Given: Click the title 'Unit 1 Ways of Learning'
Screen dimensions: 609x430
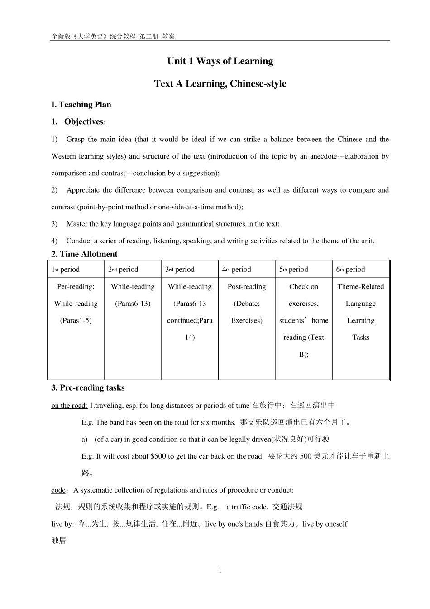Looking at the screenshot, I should pos(220,61).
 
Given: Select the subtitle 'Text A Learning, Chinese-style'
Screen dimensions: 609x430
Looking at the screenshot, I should pos(220,84).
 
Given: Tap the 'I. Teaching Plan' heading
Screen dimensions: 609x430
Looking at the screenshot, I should pos(81,105).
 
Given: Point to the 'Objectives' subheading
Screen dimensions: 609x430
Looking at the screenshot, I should pos(84,122).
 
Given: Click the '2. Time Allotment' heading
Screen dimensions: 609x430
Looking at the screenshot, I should pos(84,254).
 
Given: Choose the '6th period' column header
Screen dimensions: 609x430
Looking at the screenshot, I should pos(350,270).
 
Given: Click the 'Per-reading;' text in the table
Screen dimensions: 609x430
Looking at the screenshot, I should pos(76,287).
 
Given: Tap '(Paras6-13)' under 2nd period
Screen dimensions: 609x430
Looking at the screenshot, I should pos(133,304).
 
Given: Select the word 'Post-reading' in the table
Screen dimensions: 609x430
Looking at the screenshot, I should pos(247,287).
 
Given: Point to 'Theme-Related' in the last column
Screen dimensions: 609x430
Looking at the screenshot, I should pos(360,287).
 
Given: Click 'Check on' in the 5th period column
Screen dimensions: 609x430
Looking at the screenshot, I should pos(304,287).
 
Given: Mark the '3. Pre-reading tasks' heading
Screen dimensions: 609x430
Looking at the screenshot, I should pos(88,388).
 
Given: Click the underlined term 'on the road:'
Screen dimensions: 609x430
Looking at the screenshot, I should pos(69,406).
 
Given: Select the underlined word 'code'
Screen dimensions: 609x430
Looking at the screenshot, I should pos(58,490).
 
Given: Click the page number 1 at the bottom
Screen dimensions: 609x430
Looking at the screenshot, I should pos(220,571).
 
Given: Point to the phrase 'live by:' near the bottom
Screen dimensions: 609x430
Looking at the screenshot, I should pos(62,524).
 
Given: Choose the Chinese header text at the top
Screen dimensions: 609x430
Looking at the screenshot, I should pos(113,36).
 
